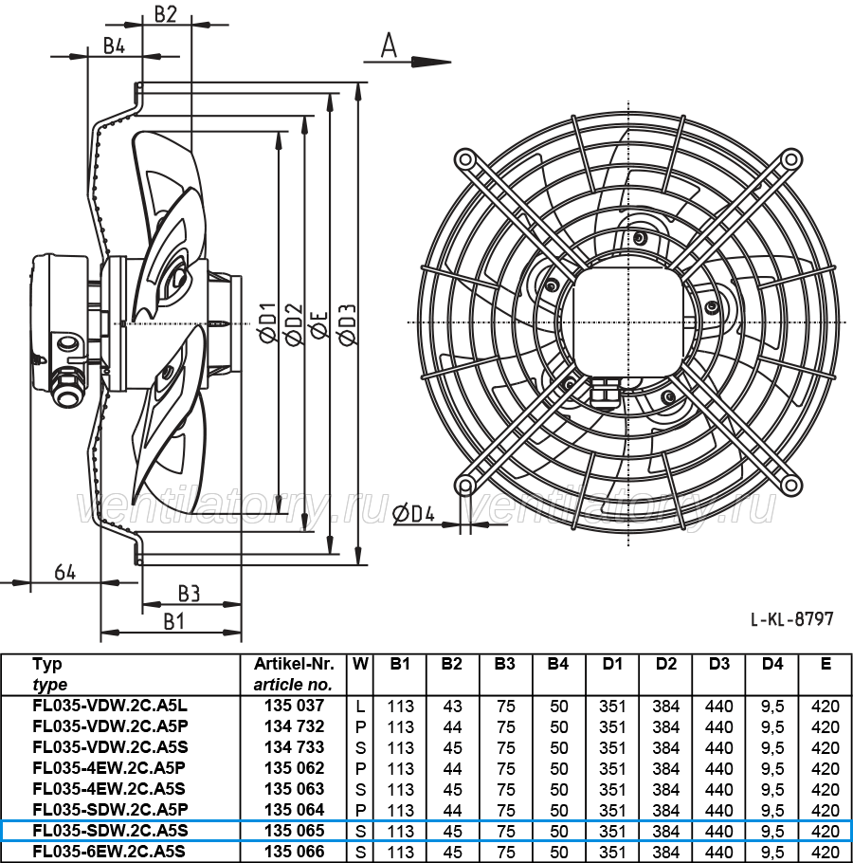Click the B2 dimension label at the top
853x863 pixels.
(165, 14)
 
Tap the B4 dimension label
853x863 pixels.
(115, 46)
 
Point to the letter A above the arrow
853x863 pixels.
(389, 46)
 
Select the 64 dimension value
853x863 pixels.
(64, 573)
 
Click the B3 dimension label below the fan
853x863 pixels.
(189, 595)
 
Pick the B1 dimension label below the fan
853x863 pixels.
(173, 622)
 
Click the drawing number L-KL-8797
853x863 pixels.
(792, 619)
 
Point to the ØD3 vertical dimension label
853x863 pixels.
(348, 323)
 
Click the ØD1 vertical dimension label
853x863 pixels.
(268, 323)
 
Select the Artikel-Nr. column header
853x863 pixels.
(294, 664)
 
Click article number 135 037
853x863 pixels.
(294, 706)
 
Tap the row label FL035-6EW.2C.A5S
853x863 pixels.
(110, 852)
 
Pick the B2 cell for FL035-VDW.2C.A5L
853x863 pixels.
(452, 707)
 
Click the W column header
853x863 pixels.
(360, 664)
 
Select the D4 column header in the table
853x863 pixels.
(772, 664)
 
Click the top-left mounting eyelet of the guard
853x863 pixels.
(465, 159)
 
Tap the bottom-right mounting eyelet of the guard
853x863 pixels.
(790, 485)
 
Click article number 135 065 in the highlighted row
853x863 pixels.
(294, 831)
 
